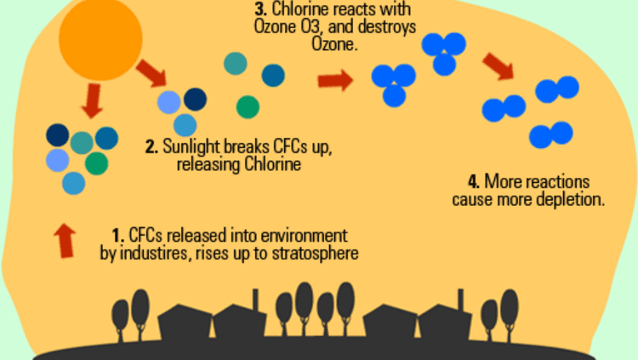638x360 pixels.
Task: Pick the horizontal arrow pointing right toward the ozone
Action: [334, 82]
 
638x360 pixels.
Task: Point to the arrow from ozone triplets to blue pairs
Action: [498, 66]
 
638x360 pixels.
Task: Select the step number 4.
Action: [473, 182]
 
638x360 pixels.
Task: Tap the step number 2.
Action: [150, 147]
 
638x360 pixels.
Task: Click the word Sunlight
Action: [189, 147]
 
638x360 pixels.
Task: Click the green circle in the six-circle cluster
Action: [96, 162]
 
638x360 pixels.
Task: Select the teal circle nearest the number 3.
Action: [235, 63]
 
